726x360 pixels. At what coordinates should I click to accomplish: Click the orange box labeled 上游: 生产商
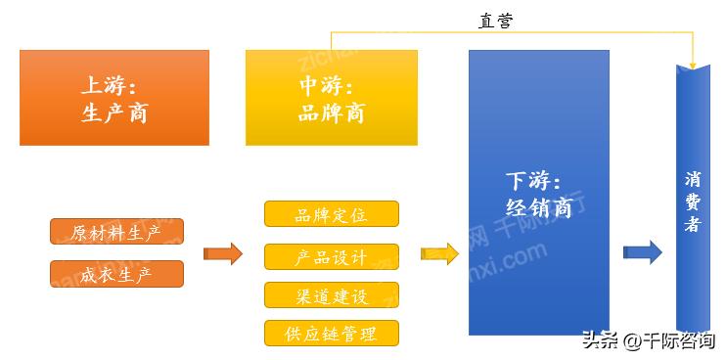click(x=114, y=98)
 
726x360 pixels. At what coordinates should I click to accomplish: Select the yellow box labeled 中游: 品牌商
click(x=331, y=98)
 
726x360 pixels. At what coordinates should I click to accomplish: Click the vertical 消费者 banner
click(x=693, y=186)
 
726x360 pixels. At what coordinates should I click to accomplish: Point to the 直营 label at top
click(x=495, y=21)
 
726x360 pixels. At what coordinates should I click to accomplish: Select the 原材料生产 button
click(x=116, y=232)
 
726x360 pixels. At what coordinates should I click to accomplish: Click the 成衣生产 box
click(x=116, y=274)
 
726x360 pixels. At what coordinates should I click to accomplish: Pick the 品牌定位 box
click(x=331, y=214)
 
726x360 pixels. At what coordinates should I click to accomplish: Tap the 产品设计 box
click(x=331, y=256)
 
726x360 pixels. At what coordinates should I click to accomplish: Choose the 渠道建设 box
click(x=331, y=294)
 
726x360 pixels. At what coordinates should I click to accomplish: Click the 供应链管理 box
click(x=331, y=333)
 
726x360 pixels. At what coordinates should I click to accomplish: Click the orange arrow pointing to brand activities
click(x=222, y=254)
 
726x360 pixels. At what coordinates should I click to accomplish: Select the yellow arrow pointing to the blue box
click(x=439, y=253)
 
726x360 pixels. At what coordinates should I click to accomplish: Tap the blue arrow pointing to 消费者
click(x=642, y=252)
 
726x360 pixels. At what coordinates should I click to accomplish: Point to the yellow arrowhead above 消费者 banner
click(x=693, y=62)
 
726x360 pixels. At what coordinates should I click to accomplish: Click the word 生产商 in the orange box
click(x=114, y=112)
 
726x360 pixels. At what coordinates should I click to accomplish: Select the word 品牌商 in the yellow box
click(x=331, y=112)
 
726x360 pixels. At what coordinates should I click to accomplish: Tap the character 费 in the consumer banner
click(x=693, y=202)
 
